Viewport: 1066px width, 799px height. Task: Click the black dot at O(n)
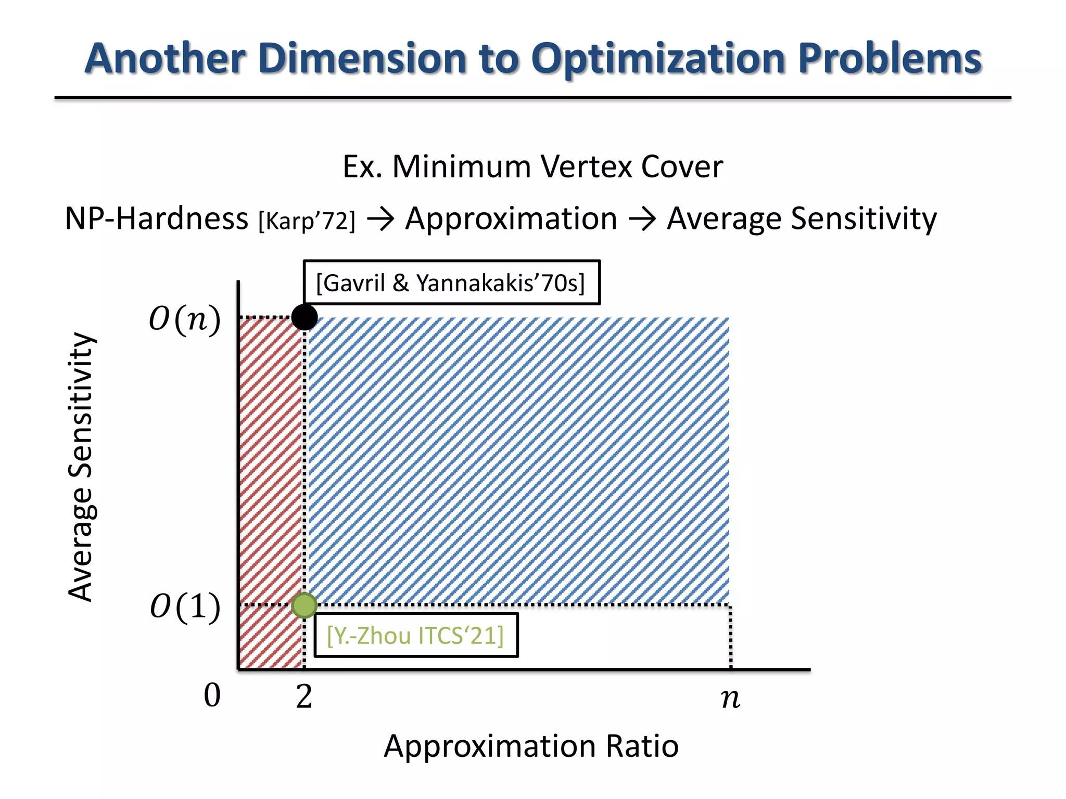(304, 317)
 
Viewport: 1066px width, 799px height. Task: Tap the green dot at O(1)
(304, 605)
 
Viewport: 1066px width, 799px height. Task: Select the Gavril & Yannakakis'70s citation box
(451, 282)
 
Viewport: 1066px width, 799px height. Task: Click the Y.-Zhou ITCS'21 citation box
(416, 635)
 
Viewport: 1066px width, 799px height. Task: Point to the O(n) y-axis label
(185, 319)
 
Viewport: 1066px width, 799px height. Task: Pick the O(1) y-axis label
(185, 607)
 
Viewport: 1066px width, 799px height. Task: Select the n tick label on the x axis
(730, 698)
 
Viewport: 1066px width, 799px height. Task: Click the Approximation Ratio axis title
(531, 746)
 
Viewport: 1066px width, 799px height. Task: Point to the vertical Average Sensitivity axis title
(81, 467)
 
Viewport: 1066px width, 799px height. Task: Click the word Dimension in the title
(362, 58)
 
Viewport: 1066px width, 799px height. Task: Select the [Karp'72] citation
(307, 221)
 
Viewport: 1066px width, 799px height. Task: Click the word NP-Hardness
(157, 218)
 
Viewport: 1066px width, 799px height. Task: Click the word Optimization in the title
(659, 59)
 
